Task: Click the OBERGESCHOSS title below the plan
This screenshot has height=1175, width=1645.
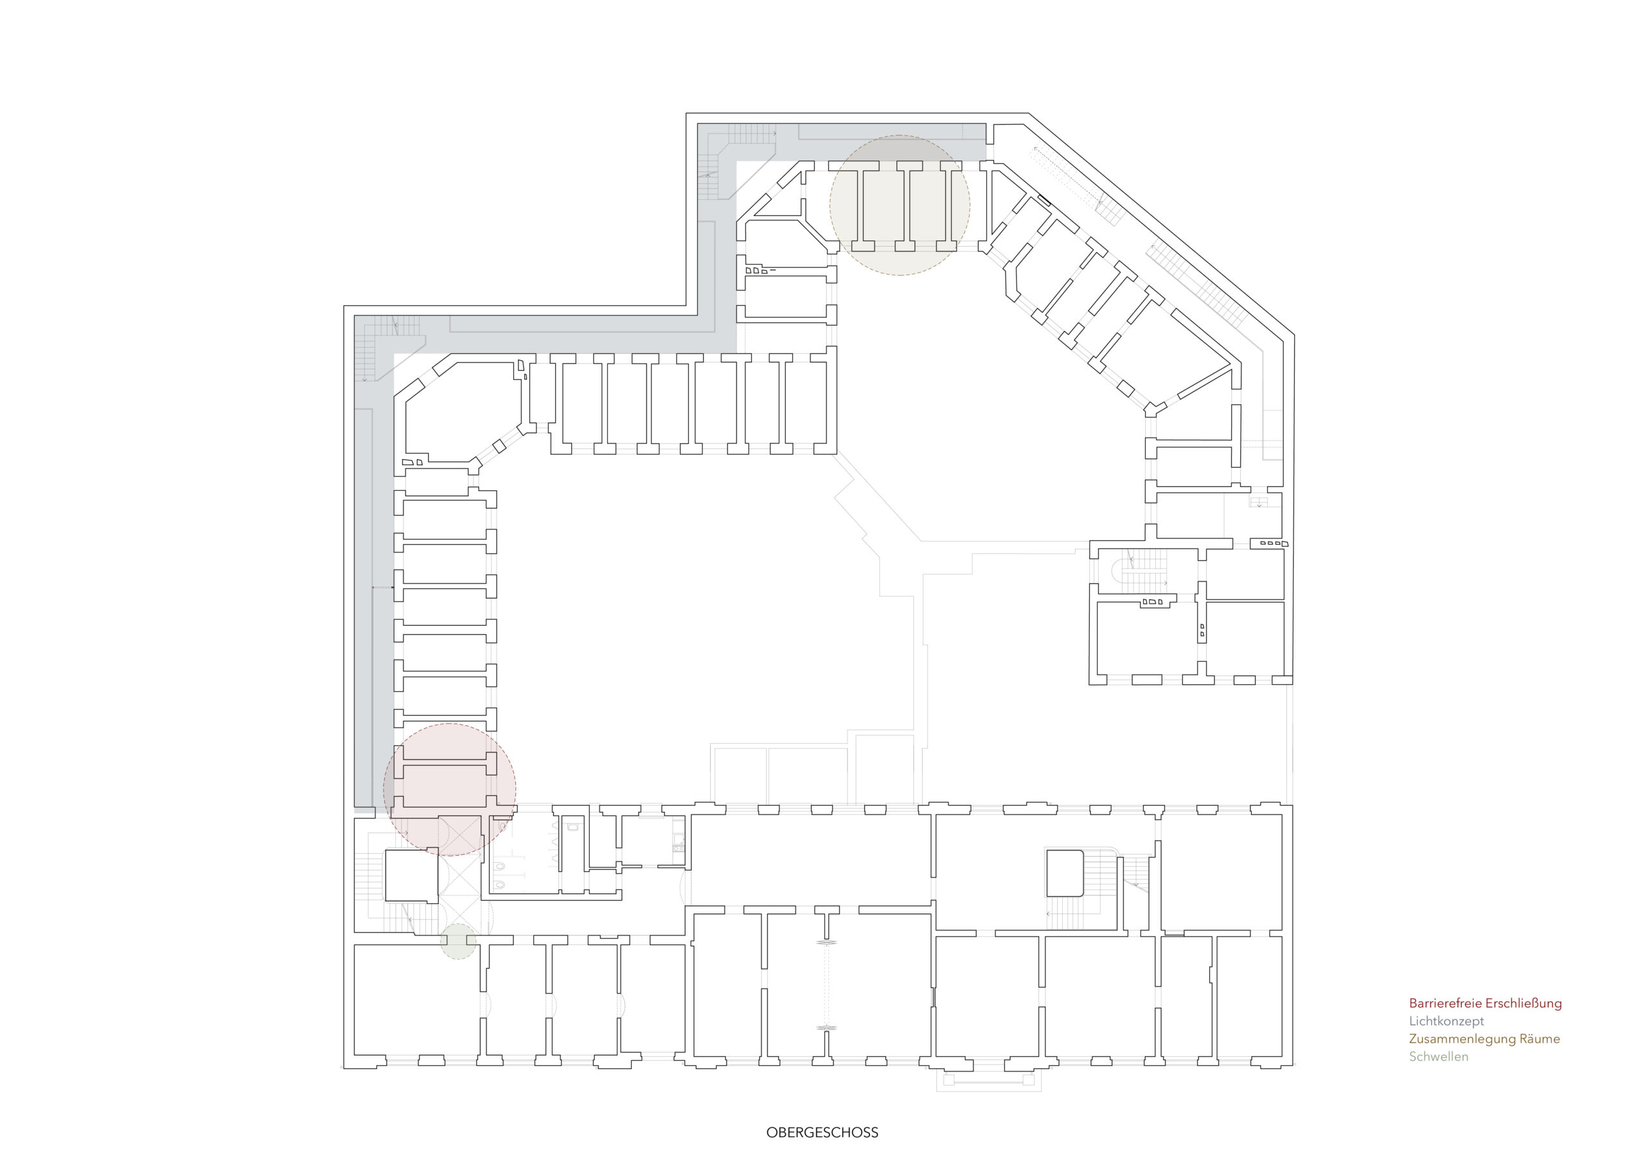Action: click(822, 1133)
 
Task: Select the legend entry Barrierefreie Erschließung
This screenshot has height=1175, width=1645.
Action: click(1485, 1003)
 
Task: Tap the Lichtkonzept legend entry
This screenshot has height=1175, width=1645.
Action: click(1446, 1021)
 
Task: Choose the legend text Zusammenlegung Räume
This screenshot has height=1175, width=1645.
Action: click(1484, 1039)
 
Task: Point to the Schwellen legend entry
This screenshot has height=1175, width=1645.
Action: click(1439, 1056)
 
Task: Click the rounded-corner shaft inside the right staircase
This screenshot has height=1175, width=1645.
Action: click(1065, 874)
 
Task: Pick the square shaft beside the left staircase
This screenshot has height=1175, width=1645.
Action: click(411, 876)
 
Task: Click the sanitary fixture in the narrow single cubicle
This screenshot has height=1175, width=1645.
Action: click(573, 826)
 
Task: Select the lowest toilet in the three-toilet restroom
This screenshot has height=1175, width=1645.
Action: click(499, 884)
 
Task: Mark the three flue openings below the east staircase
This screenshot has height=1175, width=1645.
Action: click(1152, 602)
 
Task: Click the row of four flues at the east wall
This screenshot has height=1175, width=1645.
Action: click(1273, 543)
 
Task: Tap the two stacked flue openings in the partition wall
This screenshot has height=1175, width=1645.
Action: click(1203, 630)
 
